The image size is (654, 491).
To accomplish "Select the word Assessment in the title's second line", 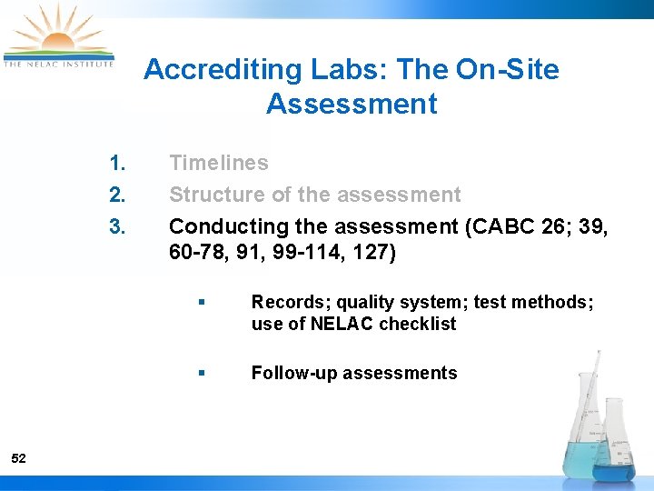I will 352,104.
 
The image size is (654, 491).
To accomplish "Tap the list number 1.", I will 116,164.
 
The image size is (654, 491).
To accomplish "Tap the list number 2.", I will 116,195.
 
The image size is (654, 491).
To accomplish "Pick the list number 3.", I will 116,225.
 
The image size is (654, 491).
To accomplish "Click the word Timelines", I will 219,164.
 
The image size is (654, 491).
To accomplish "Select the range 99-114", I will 306,252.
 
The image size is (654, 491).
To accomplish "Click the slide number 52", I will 19,459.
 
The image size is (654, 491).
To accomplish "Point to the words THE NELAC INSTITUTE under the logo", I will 58,64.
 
